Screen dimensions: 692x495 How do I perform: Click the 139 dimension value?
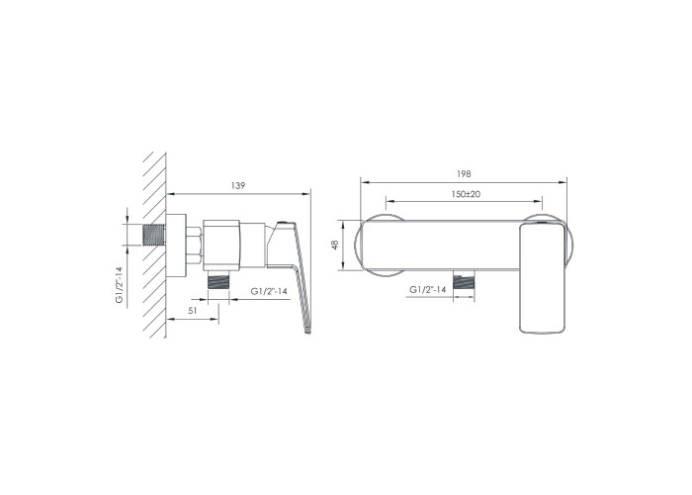coord(237,186)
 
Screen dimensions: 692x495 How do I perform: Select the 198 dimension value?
coord(464,174)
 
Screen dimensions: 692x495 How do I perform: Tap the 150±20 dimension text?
coord(466,194)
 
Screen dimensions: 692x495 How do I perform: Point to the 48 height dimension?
coord(335,245)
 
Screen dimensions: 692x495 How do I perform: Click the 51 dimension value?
coord(193,311)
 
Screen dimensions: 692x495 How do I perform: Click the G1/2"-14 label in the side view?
coord(269,291)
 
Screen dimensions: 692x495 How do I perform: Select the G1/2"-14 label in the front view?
coord(428,289)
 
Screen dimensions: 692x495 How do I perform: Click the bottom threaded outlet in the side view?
coord(218,280)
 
